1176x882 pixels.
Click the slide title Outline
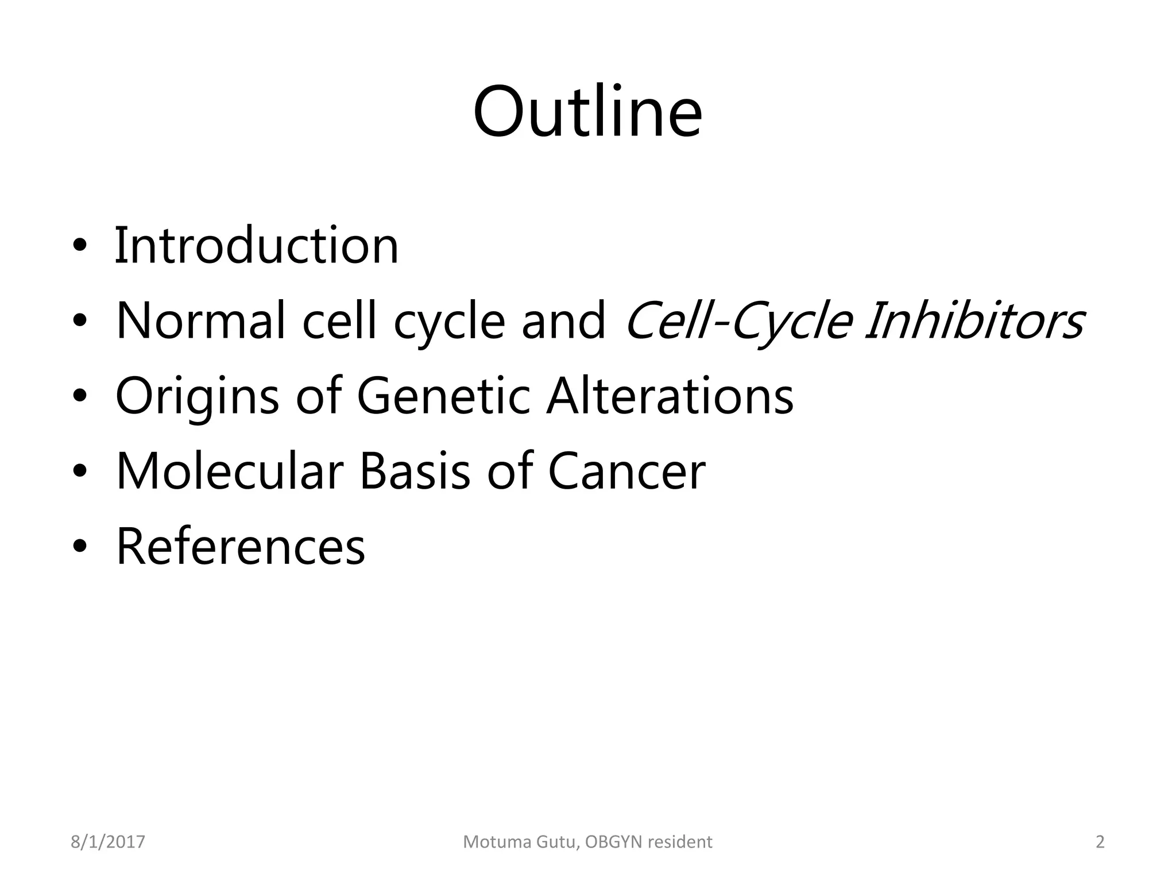587,111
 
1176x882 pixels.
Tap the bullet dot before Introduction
80,247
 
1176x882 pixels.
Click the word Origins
197,397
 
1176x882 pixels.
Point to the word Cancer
626,471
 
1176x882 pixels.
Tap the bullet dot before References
80,547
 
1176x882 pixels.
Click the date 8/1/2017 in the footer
108,842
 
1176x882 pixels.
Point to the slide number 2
1100,842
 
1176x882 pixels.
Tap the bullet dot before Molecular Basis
80,472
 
